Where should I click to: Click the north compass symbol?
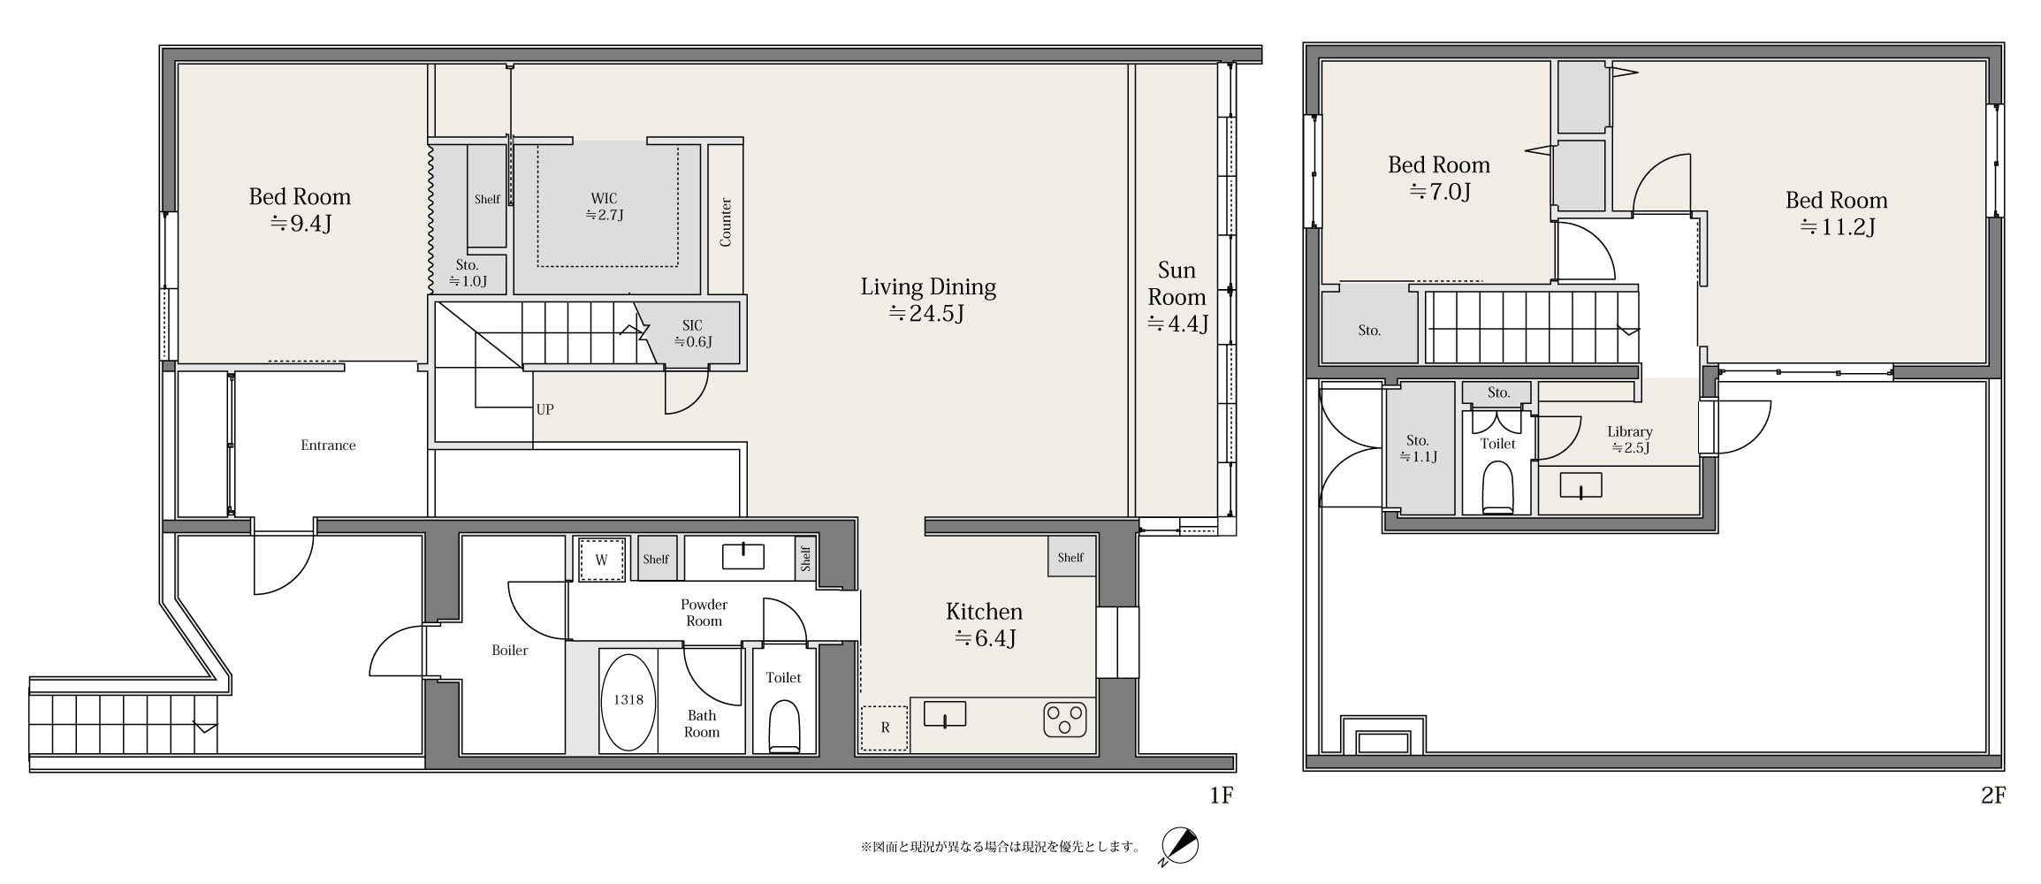(x=1179, y=847)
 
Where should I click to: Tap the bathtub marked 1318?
(x=628, y=702)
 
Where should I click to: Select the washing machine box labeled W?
(x=602, y=559)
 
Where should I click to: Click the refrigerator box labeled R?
(x=885, y=728)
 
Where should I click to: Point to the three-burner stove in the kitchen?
(x=1065, y=719)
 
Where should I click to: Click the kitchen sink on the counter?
(x=945, y=713)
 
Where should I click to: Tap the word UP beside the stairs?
(x=545, y=409)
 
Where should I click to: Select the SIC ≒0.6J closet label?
(x=692, y=333)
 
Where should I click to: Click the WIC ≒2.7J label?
(x=605, y=207)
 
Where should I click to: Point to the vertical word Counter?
(x=726, y=222)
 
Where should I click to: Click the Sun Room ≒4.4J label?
(x=1177, y=296)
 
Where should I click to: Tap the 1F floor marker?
(x=1221, y=796)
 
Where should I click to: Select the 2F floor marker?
(x=1992, y=796)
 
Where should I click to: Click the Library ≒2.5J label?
(x=1630, y=439)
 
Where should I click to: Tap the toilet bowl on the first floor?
(x=784, y=727)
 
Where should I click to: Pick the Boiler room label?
(x=510, y=651)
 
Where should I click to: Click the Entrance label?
(x=328, y=446)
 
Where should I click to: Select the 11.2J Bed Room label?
(x=1836, y=213)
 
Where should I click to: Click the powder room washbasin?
(x=743, y=556)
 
